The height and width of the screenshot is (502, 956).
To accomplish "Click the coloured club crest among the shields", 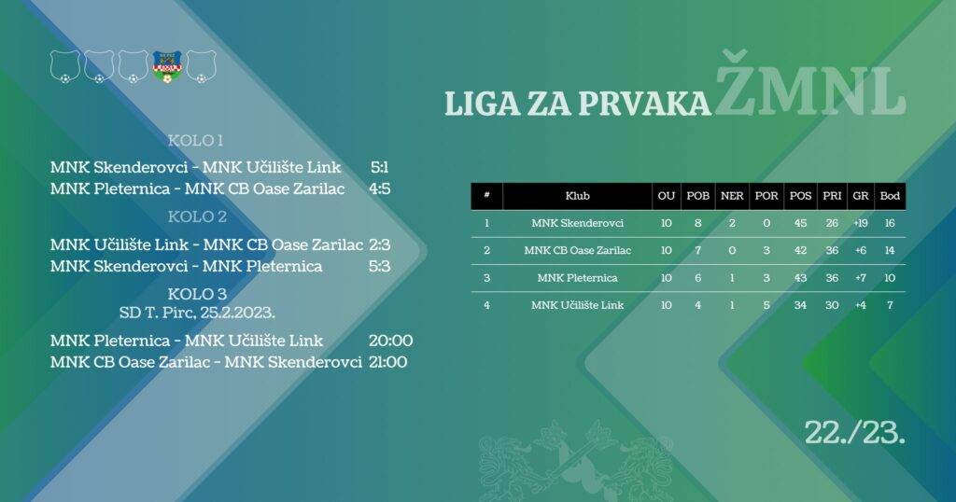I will (x=167, y=65).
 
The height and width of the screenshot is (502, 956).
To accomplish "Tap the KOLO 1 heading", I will (x=195, y=141).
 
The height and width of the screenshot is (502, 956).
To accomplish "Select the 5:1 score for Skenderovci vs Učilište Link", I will (x=379, y=168).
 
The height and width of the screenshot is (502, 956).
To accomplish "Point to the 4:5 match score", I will (x=379, y=189).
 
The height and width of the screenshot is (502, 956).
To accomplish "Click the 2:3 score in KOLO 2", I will (x=379, y=245).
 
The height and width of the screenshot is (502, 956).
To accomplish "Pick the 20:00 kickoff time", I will (x=391, y=341).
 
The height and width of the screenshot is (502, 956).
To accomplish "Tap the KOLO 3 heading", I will (x=195, y=294).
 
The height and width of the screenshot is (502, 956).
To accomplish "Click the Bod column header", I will (x=890, y=196).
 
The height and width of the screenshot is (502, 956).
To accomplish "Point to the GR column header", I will (x=861, y=196).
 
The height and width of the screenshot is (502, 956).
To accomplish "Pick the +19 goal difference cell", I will (x=861, y=223).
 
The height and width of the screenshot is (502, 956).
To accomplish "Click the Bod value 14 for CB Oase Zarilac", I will (x=890, y=250).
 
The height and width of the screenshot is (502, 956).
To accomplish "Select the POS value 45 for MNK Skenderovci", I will (x=800, y=223).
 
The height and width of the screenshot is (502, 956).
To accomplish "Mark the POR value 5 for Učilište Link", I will (x=766, y=305).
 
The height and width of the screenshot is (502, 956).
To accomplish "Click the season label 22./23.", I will (x=856, y=431).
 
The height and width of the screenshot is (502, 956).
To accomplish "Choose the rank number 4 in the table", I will (x=486, y=305).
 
